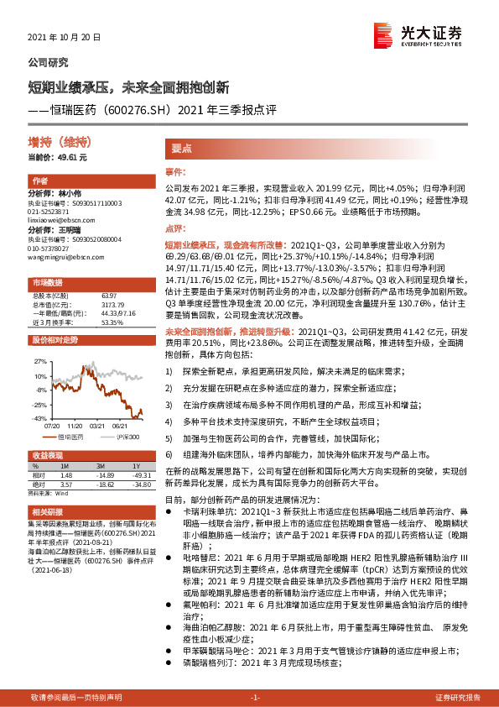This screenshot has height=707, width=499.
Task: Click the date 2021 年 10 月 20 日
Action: [x=65, y=39]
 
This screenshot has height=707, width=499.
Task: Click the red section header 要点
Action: [x=183, y=147]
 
